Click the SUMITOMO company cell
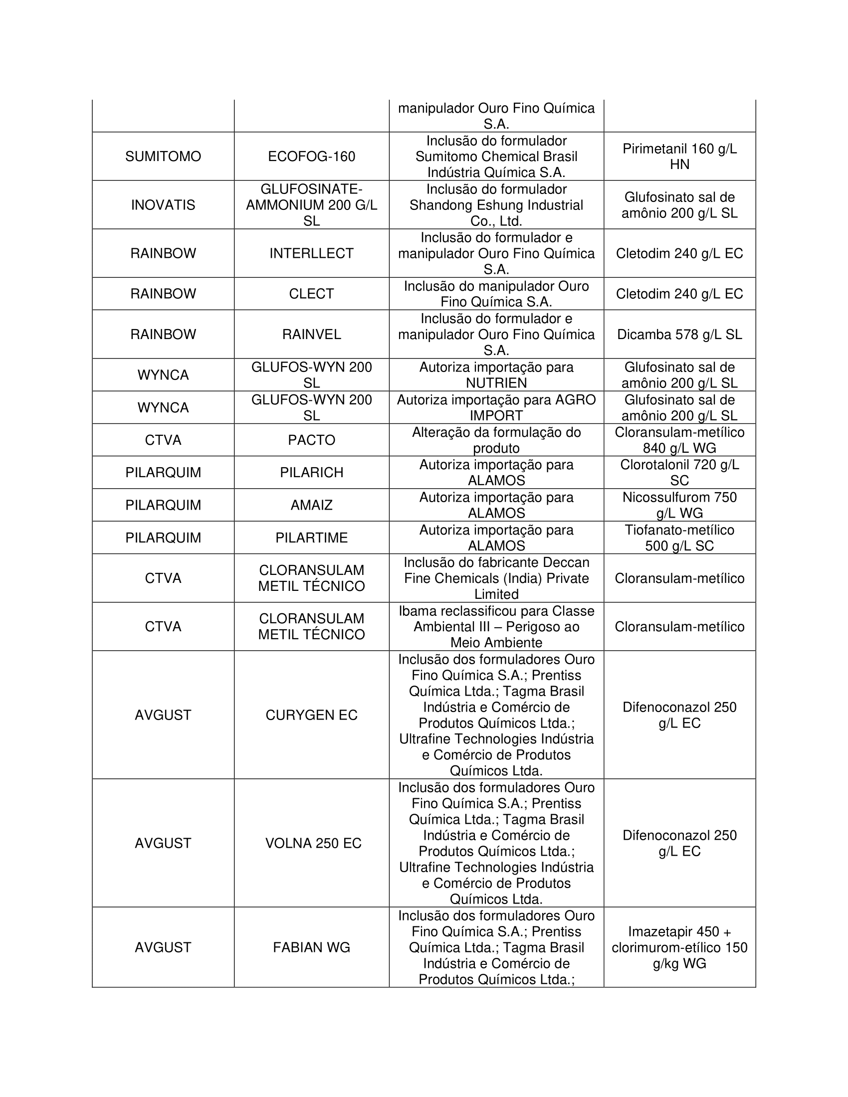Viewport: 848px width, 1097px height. [163, 157]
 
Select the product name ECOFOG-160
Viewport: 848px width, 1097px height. [311, 157]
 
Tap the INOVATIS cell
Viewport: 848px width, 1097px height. [163, 205]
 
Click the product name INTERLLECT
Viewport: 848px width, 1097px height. [311, 253]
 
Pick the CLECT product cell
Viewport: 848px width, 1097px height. [311, 294]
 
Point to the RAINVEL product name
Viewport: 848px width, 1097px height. [311, 335]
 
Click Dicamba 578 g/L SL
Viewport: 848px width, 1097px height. [679, 335]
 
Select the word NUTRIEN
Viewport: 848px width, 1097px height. [496, 383]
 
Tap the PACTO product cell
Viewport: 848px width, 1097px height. [311, 440]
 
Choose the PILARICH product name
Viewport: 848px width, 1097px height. [311, 473]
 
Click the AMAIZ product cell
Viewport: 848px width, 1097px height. [311, 505]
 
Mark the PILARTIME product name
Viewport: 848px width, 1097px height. [311, 538]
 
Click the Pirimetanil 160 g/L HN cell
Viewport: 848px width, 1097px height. [679, 157]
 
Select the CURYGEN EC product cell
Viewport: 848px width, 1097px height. [311, 715]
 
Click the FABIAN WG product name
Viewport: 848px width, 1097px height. [311, 947]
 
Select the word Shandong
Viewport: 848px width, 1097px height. [436, 205]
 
